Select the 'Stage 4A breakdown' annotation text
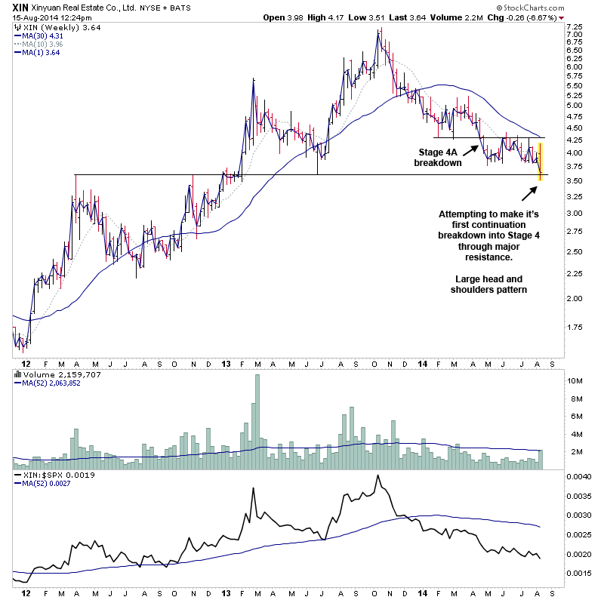pos(439,156)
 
